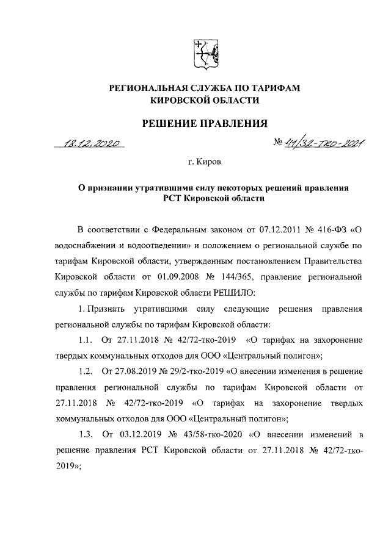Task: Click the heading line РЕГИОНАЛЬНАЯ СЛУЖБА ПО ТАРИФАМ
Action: [205, 89]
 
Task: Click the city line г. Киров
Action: [205, 163]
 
